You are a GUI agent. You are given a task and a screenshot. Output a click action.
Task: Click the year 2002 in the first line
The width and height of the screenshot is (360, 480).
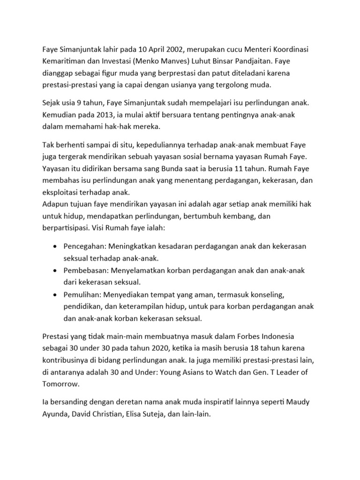173,50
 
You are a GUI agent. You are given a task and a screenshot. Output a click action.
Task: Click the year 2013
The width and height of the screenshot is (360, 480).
106,115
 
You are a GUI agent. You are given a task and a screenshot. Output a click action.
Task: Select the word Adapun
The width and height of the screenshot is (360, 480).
56,204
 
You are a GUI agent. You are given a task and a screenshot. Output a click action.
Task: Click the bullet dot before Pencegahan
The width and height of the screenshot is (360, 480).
56,246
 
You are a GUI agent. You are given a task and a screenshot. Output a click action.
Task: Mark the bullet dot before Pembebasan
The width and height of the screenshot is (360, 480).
56,271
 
